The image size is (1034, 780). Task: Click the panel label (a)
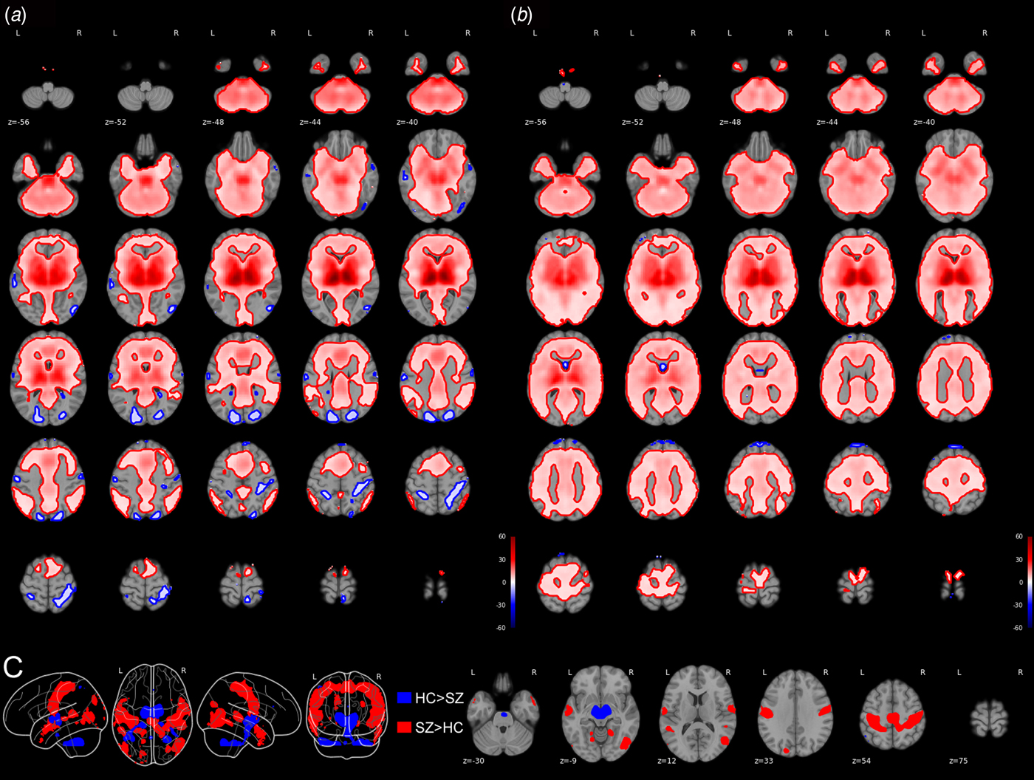point(16,15)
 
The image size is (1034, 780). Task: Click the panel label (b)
point(521,15)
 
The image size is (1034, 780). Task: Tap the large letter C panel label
point(13,668)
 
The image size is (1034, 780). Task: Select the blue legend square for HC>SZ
point(404,698)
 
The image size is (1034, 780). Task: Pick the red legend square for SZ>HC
point(404,728)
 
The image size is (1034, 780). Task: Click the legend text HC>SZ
point(439,698)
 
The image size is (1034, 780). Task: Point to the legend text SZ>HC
point(439,728)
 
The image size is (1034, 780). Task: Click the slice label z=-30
point(473,760)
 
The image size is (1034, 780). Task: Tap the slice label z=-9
point(569,760)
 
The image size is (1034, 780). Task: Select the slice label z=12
point(667,760)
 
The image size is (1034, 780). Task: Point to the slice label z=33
point(764,760)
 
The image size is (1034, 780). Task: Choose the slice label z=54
point(862,760)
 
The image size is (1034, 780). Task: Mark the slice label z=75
point(959,760)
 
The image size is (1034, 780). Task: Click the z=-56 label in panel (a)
point(18,122)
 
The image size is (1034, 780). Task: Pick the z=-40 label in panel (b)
point(924,122)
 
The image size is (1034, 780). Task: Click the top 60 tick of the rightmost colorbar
point(1019,537)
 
